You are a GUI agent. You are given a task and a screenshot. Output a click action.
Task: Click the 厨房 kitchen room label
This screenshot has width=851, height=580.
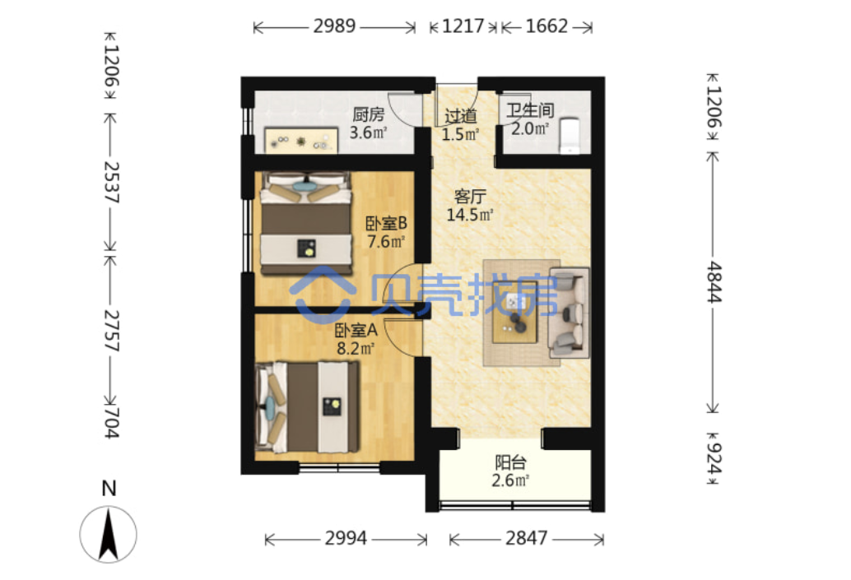pyautogui.click(x=369, y=114)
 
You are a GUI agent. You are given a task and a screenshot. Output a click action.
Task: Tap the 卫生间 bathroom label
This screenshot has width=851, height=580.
pyautogui.click(x=530, y=111)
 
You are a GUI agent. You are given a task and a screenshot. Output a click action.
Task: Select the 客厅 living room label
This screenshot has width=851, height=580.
pyautogui.click(x=470, y=196)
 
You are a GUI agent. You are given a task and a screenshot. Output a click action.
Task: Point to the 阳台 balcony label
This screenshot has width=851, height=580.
pyautogui.click(x=511, y=462)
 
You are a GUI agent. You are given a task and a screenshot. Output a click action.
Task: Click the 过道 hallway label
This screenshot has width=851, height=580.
pyautogui.click(x=461, y=115)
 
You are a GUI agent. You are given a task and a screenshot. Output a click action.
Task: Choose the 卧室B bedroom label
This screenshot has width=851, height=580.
pyautogui.click(x=387, y=223)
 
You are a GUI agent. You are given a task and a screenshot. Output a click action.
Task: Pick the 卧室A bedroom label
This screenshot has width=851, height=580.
pyautogui.click(x=356, y=330)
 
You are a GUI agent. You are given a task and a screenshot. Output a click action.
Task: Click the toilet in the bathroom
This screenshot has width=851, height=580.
pyautogui.click(x=570, y=135)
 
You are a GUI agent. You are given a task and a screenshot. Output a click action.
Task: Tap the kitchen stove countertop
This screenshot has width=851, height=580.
pyautogui.click(x=301, y=141)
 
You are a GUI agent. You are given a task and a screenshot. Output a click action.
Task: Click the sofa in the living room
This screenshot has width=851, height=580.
pyautogui.click(x=569, y=312)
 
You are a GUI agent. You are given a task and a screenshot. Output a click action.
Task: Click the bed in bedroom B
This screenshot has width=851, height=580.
pyautogui.click(x=305, y=223)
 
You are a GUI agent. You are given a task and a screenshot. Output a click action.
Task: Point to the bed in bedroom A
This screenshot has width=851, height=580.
pyautogui.click(x=307, y=407)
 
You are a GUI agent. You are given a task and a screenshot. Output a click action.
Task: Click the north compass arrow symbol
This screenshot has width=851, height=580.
pyautogui.click(x=109, y=535)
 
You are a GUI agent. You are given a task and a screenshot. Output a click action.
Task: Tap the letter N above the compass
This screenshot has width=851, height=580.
pyautogui.click(x=109, y=489)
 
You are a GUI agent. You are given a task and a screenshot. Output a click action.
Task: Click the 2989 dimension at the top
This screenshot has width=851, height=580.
pyautogui.click(x=334, y=26)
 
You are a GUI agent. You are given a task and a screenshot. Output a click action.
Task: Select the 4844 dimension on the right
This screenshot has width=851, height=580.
pyautogui.click(x=714, y=282)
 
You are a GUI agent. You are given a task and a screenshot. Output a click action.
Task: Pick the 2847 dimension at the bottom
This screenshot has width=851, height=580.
pyautogui.click(x=527, y=538)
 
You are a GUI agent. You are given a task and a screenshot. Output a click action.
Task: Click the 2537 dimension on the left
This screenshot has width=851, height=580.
pyautogui.click(x=111, y=182)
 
